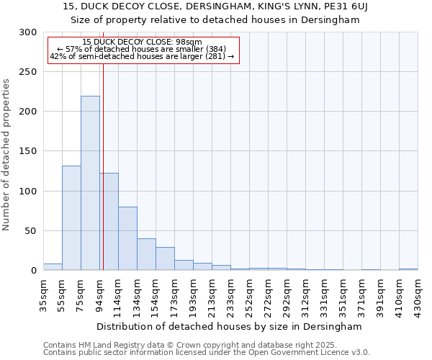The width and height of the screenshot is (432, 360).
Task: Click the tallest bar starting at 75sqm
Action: [90, 183]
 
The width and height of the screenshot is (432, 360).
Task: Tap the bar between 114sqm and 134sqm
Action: [127, 238]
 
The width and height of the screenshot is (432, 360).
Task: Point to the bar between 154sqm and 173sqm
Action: [165, 258]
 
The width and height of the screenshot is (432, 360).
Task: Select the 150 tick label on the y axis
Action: [28, 152]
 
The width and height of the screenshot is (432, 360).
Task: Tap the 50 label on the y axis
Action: [31, 231]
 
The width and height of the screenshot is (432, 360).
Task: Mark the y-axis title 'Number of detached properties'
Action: [6, 155]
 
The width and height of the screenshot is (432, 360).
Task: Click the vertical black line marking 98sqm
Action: [103, 166]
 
